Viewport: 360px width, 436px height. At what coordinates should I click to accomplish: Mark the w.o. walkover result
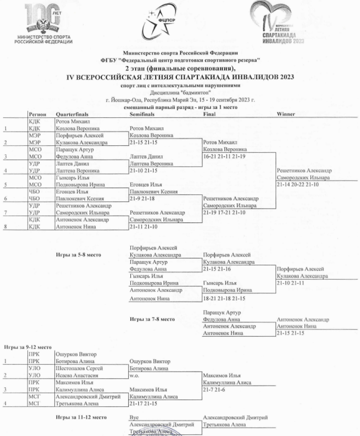click(134, 376)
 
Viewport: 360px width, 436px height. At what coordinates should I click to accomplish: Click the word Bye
click(134, 418)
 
